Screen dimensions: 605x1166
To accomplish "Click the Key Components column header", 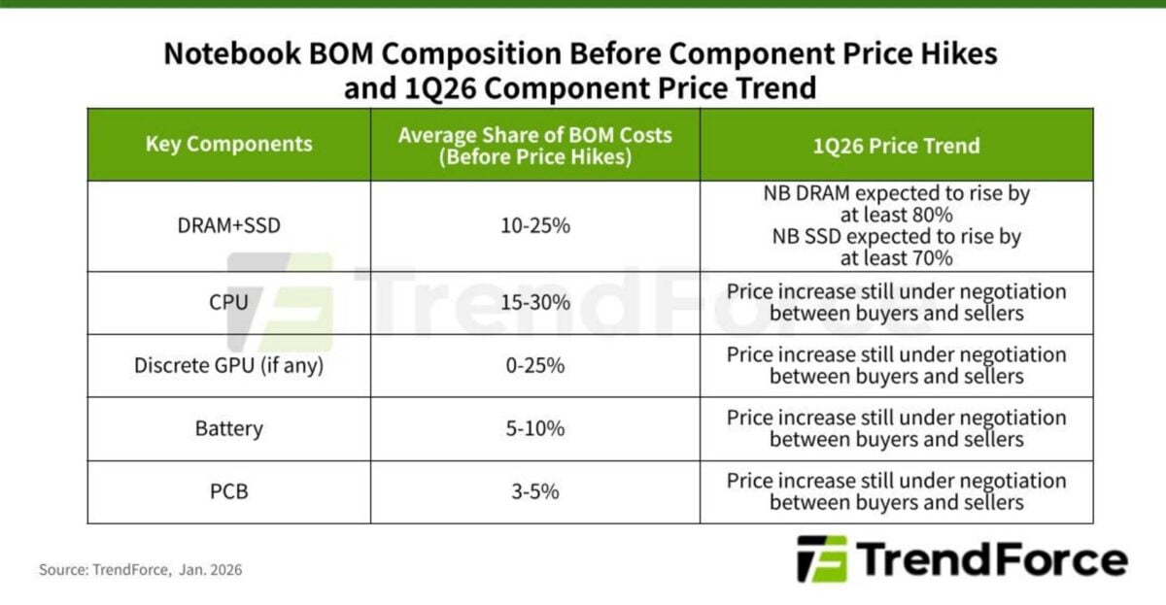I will (x=229, y=145).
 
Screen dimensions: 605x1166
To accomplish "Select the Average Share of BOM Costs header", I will (x=534, y=145).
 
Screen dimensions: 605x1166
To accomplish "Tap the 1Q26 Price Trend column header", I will (x=896, y=146).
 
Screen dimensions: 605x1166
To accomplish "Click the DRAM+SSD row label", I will (x=229, y=226).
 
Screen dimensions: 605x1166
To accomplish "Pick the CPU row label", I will (x=229, y=302).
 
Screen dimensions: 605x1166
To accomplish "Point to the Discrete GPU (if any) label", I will (x=229, y=365).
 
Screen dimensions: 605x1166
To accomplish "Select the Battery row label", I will (x=229, y=428).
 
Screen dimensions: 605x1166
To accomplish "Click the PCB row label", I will (x=229, y=491).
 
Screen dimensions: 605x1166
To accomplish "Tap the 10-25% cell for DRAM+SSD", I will (x=534, y=226).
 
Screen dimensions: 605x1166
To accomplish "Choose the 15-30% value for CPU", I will (x=534, y=302).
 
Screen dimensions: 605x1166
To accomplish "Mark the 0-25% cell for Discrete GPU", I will (x=534, y=365).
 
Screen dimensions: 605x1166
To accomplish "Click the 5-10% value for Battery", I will (x=534, y=428).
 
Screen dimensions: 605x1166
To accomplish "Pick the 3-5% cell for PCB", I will (x=534, y=491).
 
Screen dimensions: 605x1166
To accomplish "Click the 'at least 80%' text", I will (x=896, y=215).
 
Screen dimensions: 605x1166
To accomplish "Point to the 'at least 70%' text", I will (x=896, y=257).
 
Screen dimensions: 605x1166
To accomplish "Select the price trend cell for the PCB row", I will (x=896, y=491).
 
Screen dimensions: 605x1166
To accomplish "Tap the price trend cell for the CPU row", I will (x=896, y=302).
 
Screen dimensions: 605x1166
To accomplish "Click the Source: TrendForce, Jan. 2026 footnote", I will (x=140, y=570).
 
